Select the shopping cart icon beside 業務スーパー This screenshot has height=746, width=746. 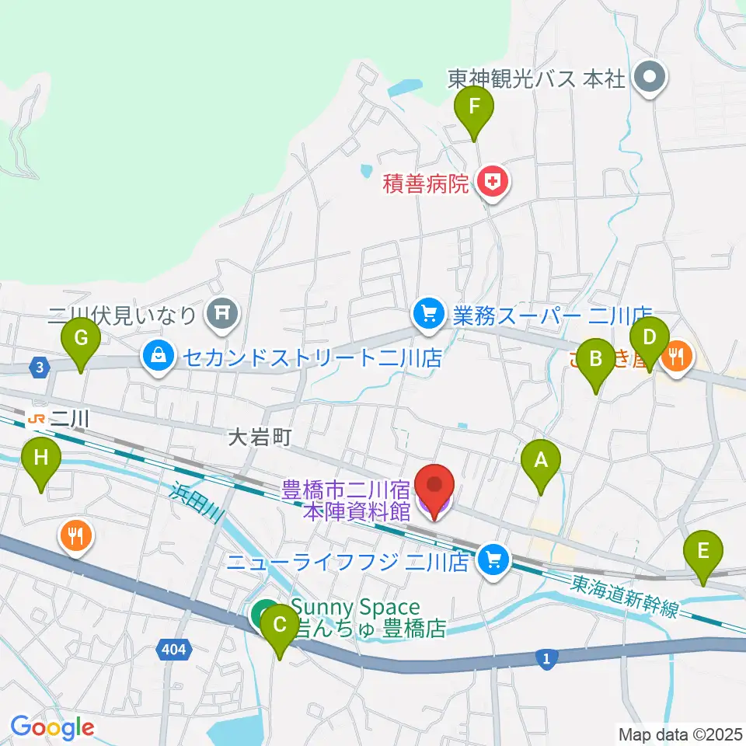(427, 314)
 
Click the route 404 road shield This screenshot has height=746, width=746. (175, 648)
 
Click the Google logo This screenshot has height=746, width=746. (52, 727)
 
